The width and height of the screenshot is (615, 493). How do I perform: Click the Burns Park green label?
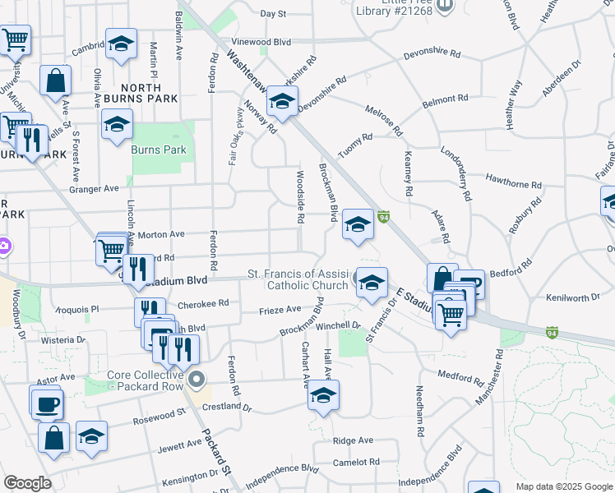[159, 150]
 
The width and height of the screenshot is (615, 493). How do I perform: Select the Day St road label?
[273, 14]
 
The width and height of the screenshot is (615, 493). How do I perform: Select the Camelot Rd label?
[357, 462]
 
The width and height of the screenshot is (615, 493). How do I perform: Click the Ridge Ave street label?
[354, 441]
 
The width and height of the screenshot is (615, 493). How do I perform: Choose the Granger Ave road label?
[95, 188]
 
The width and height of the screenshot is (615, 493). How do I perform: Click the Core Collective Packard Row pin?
[197, 380]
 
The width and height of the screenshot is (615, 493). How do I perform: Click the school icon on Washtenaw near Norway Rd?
[282, 104]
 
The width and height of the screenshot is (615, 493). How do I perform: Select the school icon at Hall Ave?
[323, 396]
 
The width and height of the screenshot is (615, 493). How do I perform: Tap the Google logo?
[28, 483]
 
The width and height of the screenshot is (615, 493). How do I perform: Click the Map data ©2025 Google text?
[564, 486]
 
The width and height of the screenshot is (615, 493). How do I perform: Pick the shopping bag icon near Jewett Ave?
[53, 438]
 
